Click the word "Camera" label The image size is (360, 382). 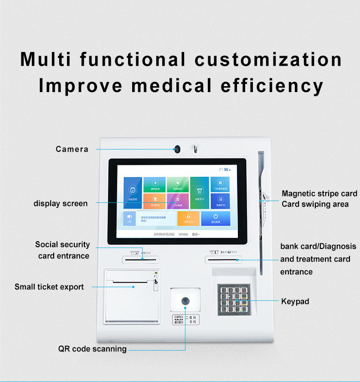tap(72, 149)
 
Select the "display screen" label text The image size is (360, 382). tap(61, 203)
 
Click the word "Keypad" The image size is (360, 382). tap(295, 301)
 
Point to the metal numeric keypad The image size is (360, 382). tap(234, 299)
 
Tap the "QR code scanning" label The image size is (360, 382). tap(93, 349)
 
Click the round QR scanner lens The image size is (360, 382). tap(185, 301)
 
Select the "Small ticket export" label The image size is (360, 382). tap(49, 287)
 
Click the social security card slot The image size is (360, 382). tap(141, 259)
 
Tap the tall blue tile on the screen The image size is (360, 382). tap(132, 192)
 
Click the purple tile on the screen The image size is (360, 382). tap(178, 201)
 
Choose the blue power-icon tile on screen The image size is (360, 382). tap(216, 218)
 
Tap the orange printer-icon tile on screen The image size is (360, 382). tap(188, 218)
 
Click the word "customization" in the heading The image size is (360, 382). tap(268, 60)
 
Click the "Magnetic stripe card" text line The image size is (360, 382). tap(319, 194)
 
